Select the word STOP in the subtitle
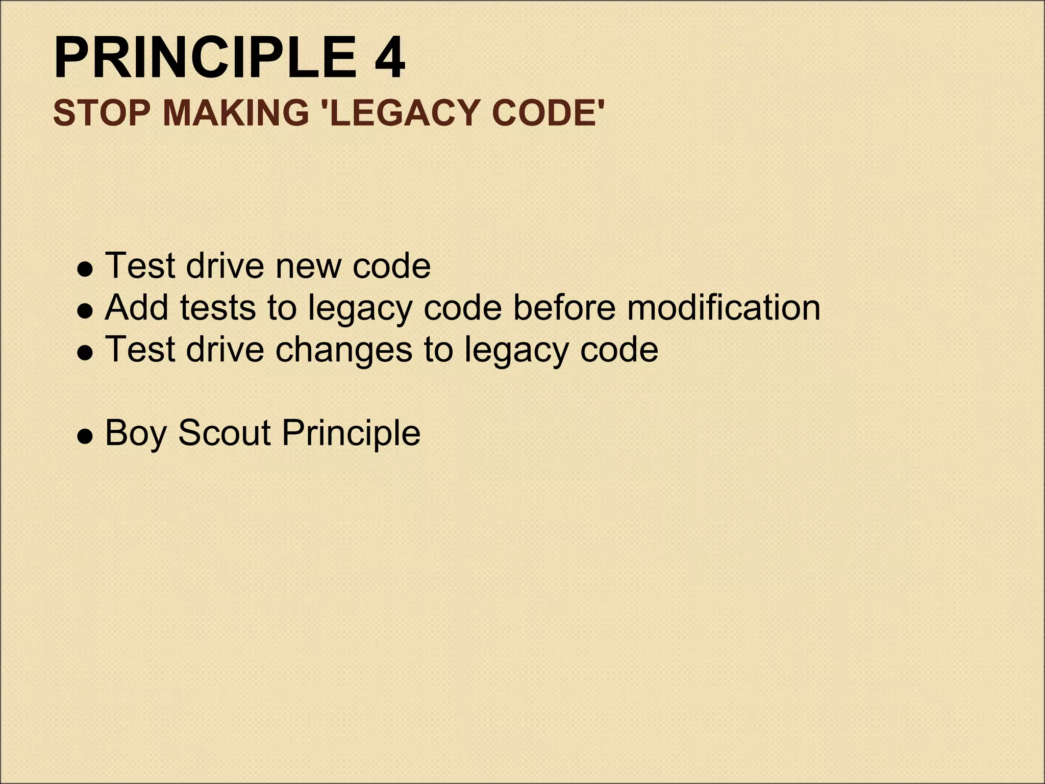click(102, 113)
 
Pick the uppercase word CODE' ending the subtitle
click(549, 113)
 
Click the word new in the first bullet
click(309, 266)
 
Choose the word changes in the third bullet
click(343, 350)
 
